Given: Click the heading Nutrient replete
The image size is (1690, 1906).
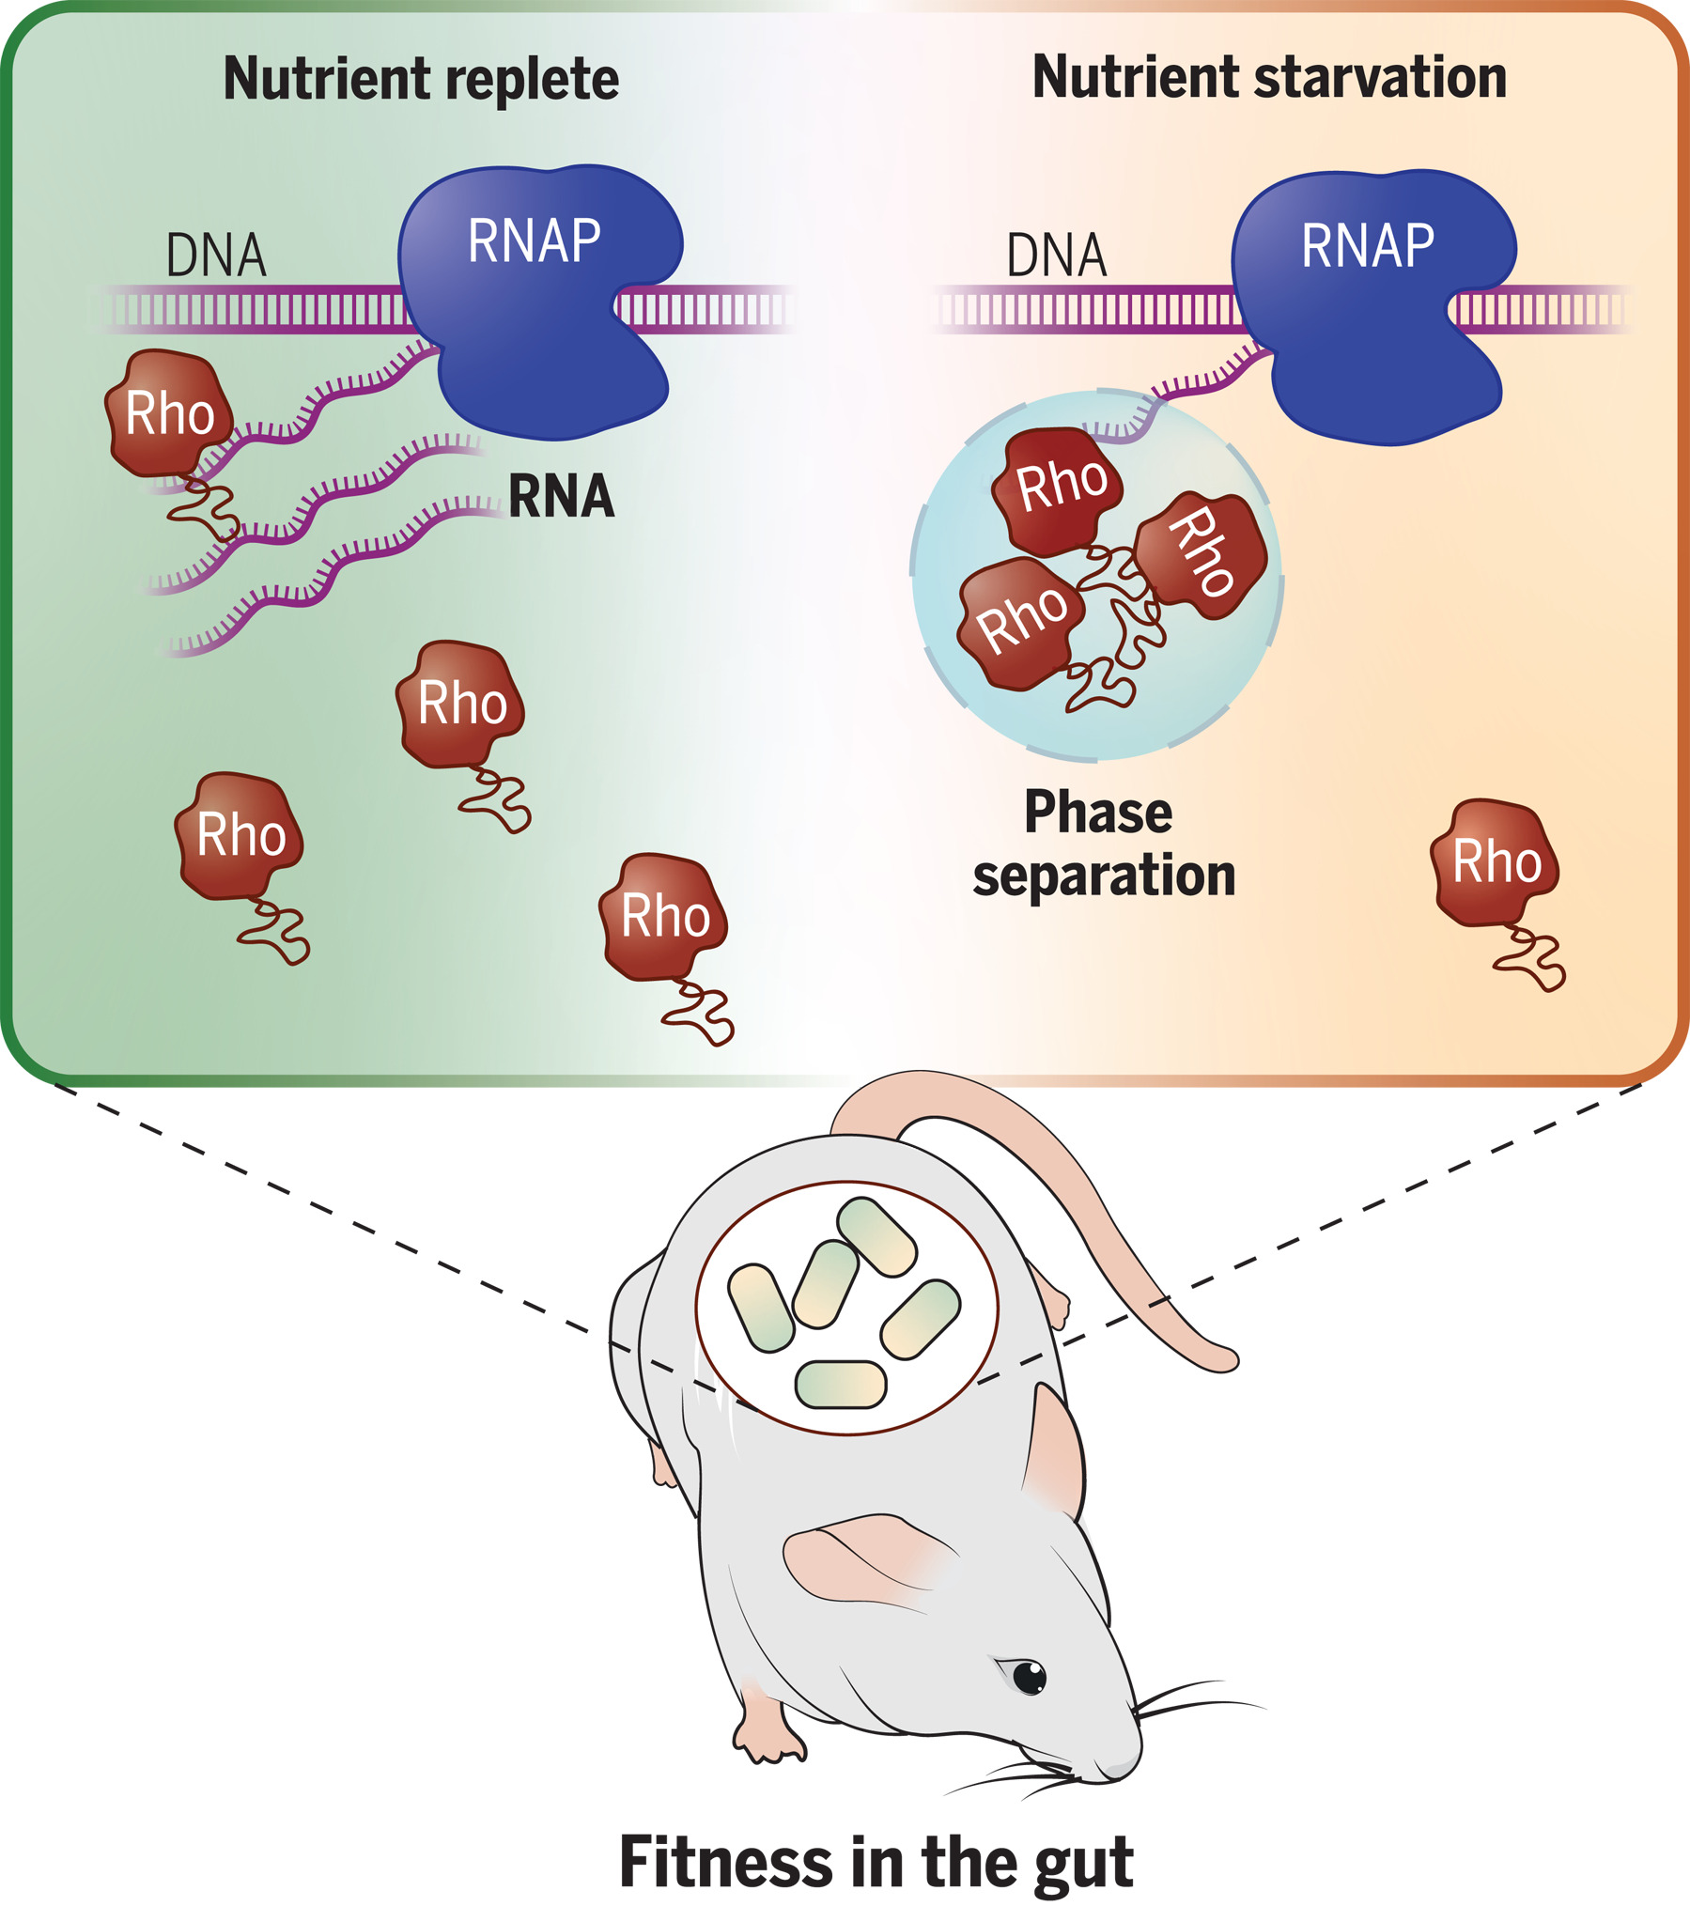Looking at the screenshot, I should (421, 79).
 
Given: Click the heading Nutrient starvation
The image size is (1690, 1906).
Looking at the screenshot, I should (1269, 77).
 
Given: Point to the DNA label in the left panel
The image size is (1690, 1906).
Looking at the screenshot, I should (216, 256).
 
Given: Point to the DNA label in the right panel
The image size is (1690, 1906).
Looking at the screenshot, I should (1056, 256).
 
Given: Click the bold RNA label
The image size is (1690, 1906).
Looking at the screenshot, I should (561, 496).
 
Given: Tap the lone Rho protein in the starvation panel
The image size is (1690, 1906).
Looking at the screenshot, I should (1496, 862).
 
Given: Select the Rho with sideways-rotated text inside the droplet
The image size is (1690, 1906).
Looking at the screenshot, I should (1202, 553).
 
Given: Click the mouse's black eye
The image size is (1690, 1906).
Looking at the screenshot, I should (1030, 1677).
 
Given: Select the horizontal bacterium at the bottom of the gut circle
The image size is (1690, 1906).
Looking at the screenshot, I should (840, 1385).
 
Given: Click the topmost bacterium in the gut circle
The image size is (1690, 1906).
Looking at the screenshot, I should (876, 1236).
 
